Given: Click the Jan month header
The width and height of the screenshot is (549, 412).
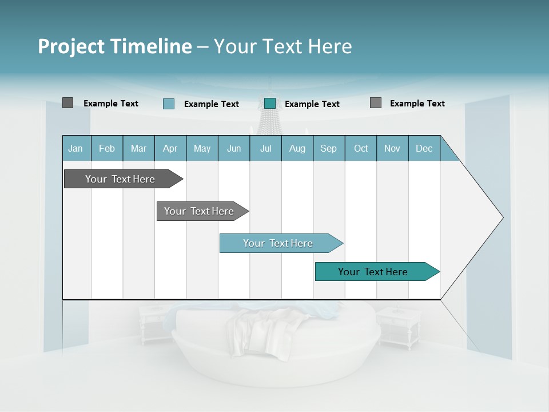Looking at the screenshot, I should tap(75, 148).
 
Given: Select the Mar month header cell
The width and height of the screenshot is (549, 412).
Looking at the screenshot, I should tap(138, 148).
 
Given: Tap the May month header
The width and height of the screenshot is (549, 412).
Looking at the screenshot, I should tap(202, 148).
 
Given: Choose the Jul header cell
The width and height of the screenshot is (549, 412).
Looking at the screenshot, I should tap(265, 148).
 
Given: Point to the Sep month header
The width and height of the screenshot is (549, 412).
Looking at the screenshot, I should tap(328, 148).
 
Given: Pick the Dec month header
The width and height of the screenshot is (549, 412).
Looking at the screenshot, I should tap(424, 148).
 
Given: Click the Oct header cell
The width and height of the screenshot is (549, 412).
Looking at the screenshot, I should tap(361, 148).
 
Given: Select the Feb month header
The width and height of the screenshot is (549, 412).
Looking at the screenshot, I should tap(107, 148).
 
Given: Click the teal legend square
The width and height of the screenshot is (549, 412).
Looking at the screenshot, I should tap(270, 104).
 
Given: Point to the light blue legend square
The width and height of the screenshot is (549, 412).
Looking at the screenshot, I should tap(169, 104).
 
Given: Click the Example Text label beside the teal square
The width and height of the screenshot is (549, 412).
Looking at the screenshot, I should tap(312, 104).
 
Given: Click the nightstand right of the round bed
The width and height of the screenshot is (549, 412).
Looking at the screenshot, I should tap(399, 326).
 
